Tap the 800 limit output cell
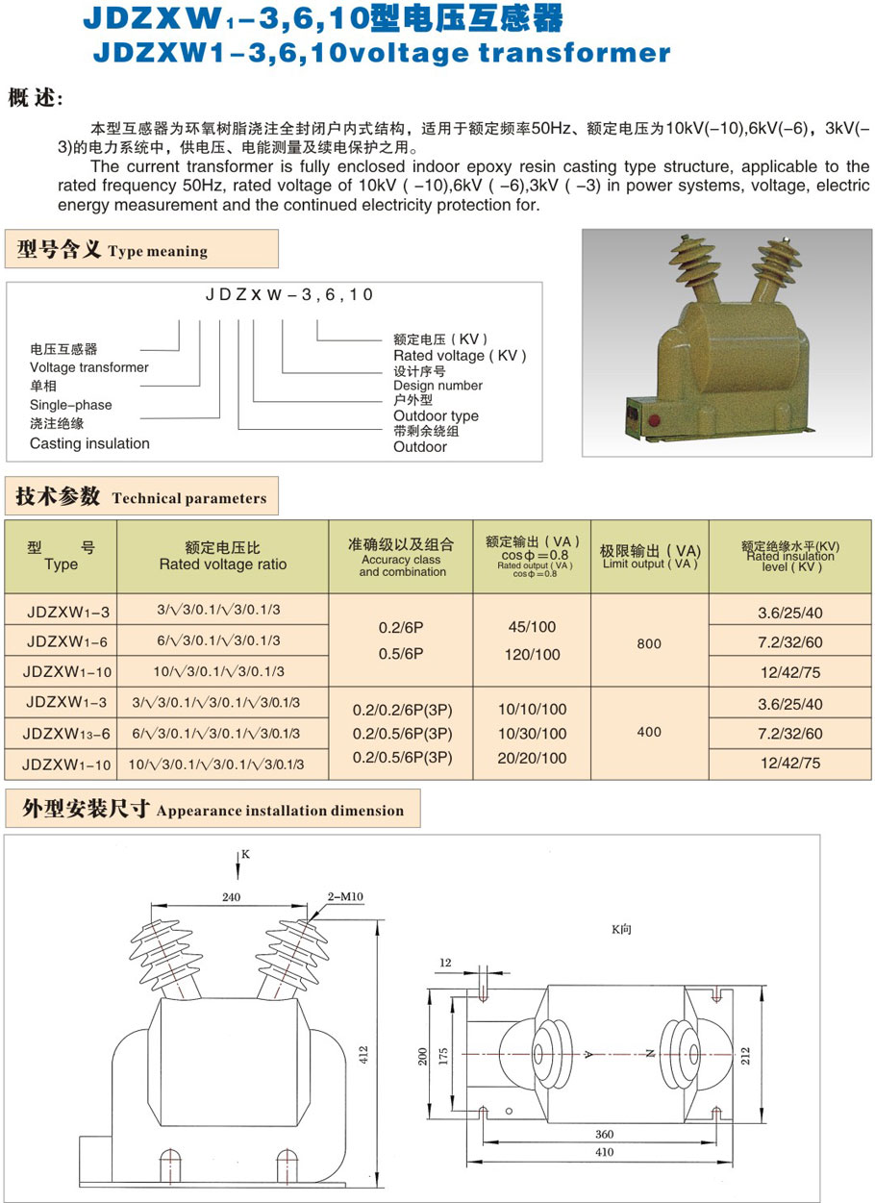click(649, 643)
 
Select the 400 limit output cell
click(649, 732)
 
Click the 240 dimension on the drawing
click(231, 896)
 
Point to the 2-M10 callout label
click(344, 896)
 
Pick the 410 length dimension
click(604, 1152)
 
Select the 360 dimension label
click(604, 1135)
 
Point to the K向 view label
click(623, 930)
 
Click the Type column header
click(61, 557)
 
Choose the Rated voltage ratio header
click(223, 557)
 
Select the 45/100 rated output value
click(533, 627)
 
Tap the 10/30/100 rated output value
click(533, 734)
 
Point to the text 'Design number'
click(437, 386)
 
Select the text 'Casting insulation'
click(89, 443)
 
